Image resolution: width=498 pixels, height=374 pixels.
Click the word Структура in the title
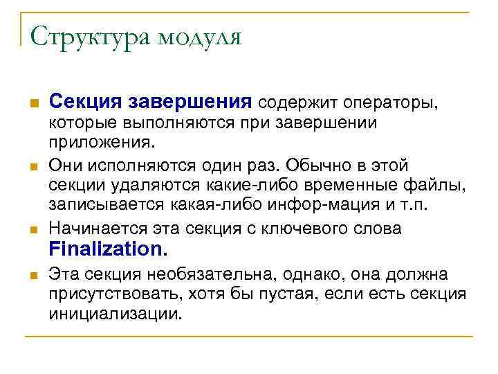click(88, 35)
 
